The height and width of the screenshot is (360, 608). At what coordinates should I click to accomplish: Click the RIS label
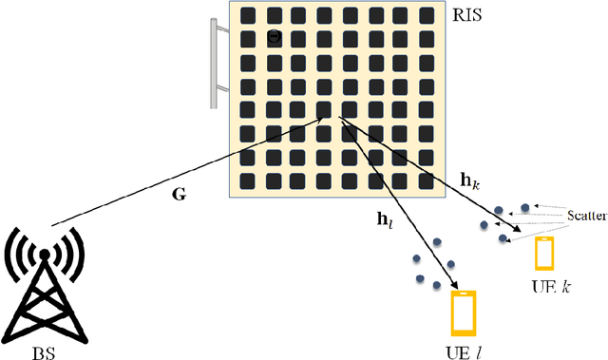click(x=472, y=16)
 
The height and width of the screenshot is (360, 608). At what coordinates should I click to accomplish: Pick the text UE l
click(x=464, y=351)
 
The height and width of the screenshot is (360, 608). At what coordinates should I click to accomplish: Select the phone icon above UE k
click(x=544, y=254)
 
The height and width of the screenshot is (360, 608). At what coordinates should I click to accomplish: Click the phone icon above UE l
click(x=463, y=313)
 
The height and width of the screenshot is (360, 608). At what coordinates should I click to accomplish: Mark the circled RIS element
click(x=274, y=38)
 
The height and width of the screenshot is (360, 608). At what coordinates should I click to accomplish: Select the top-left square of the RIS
click(x=248, y=16)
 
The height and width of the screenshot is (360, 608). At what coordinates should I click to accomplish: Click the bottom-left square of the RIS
click(x=248, y=180)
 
